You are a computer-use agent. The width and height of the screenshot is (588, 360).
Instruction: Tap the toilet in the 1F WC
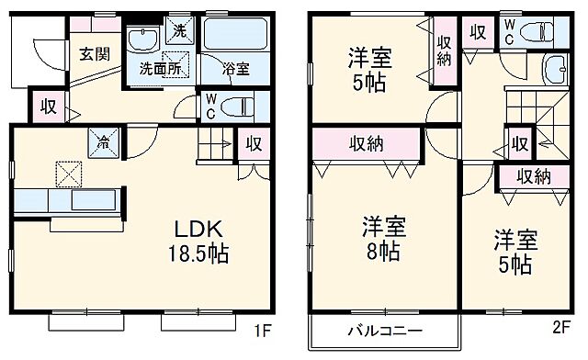(x=237, y=104)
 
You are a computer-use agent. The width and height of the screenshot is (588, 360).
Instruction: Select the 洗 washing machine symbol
(x=179, y=30)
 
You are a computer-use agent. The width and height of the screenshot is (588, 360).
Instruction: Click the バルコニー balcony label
(x=384, y=331)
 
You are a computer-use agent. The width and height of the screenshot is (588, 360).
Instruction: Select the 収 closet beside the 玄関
(x=49, y=106)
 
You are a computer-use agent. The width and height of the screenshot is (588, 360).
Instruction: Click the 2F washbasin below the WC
(x=557, y=69)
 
